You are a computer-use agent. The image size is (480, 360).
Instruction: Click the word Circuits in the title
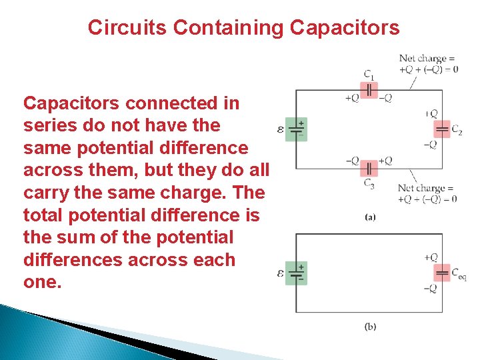[127, 27]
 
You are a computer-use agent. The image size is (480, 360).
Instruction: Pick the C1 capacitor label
[369, 74]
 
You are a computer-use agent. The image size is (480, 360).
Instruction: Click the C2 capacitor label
[456, 129]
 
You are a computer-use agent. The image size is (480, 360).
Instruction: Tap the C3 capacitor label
[369, 183]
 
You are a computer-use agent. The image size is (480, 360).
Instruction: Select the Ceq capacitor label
[459, 273]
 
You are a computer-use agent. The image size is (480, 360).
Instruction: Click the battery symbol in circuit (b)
[296, 273]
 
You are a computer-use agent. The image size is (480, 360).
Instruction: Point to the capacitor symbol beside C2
[441, 129]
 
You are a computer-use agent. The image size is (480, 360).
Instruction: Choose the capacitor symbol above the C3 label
[369, 168]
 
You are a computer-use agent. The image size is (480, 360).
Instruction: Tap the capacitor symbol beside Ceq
[441, 272]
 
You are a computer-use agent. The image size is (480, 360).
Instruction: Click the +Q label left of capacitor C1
[351, 98]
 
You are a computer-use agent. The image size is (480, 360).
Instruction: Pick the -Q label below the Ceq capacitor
[430, 288]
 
